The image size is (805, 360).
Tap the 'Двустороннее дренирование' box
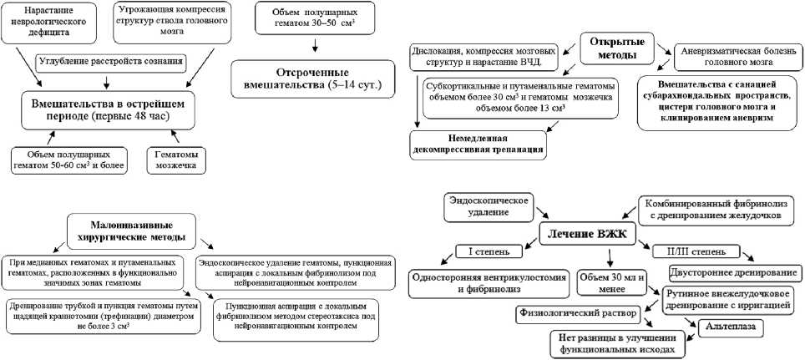[x=735, y=273]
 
